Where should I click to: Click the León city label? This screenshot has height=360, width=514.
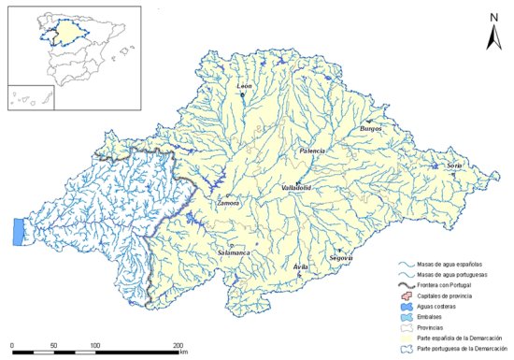(x=245, y=87)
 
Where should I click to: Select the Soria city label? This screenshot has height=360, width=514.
(x=455, y=165)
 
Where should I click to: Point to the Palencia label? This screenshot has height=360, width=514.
(x=312, y=151)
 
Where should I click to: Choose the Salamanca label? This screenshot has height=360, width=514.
(x=234, y=252)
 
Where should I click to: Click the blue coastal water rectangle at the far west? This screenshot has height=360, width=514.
(x=18, y=231)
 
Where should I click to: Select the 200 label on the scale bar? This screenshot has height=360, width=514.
(x=178, y=346)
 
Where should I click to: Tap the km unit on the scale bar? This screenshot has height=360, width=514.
(x=186, y=353)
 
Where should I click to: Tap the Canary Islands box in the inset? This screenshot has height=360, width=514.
(x=26, y=101)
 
